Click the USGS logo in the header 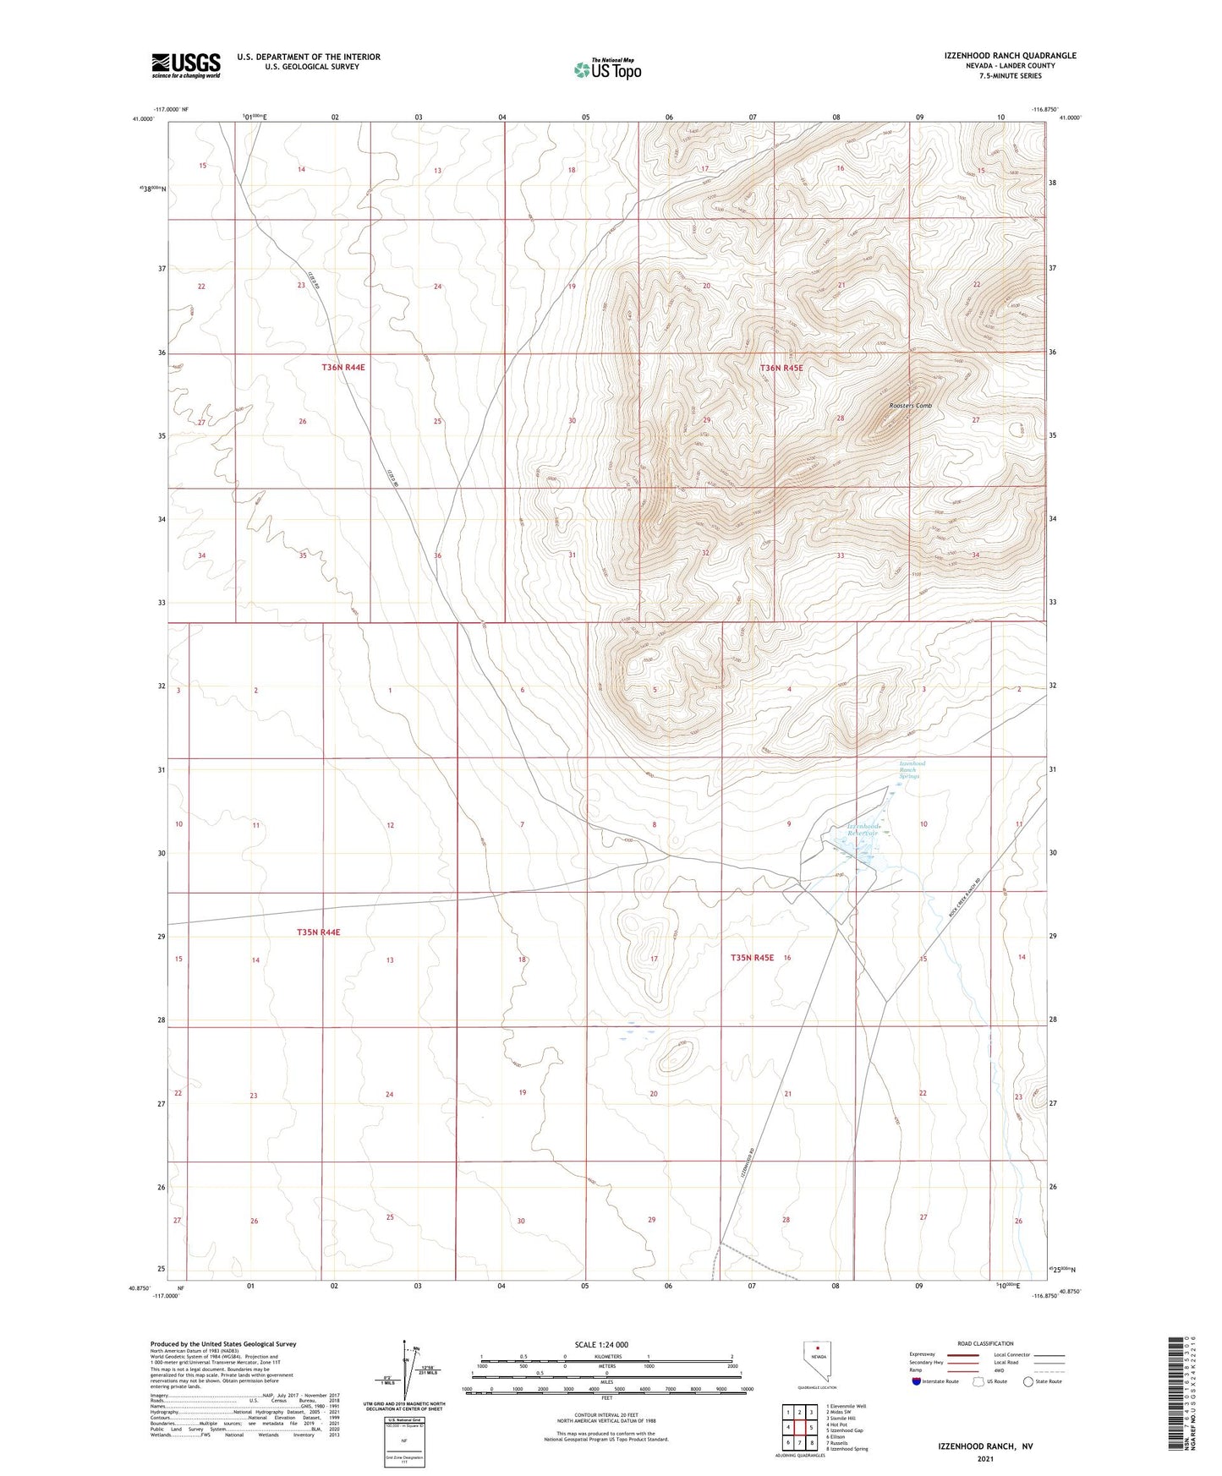pos(185,65)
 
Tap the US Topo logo pos(606,69)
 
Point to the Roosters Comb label pos(910,406)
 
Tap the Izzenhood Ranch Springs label pos(911,769)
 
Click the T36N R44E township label pos(343,368)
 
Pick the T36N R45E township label pos(782,368)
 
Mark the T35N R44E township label pos(318,932)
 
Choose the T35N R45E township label pos(753,958)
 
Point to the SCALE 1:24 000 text pos(601,1345)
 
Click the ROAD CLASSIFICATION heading pos(986,1343)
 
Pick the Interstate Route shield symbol pos(916,1381)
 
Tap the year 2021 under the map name pos(984,1459)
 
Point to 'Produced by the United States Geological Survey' pos(223,1343)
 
